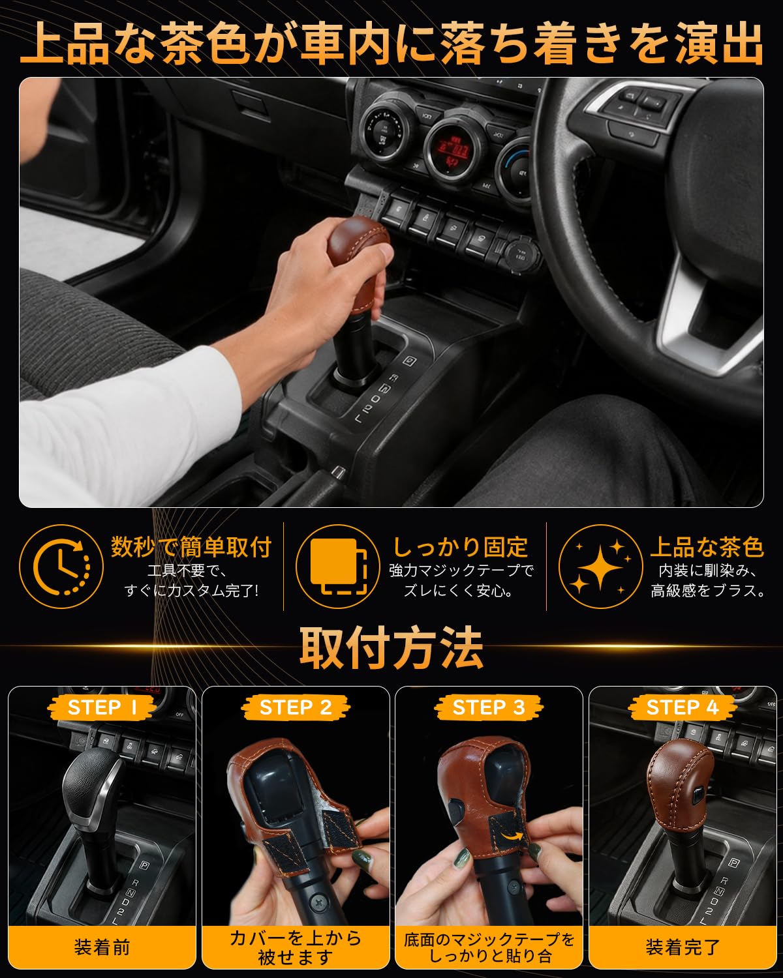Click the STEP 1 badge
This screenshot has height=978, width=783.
(102, 707)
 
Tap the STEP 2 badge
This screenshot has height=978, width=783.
(296, 707)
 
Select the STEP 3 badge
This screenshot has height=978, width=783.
(489, 707)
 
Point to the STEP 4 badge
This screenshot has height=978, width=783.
(683, 707)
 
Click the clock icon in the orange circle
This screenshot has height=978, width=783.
(61, 567)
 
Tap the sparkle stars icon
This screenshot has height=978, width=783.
(600, 567)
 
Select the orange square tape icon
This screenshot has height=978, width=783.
(338, 567)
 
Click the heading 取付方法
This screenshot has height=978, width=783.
(391, 647)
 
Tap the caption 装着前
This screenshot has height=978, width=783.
(102, 947)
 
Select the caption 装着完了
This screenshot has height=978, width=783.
(683, 947)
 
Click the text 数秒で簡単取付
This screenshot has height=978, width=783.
(192, 547)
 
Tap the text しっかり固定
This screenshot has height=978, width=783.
(461, 547)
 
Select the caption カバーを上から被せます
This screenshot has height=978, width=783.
(296, 947)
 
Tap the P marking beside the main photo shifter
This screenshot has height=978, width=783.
(410, 361)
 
